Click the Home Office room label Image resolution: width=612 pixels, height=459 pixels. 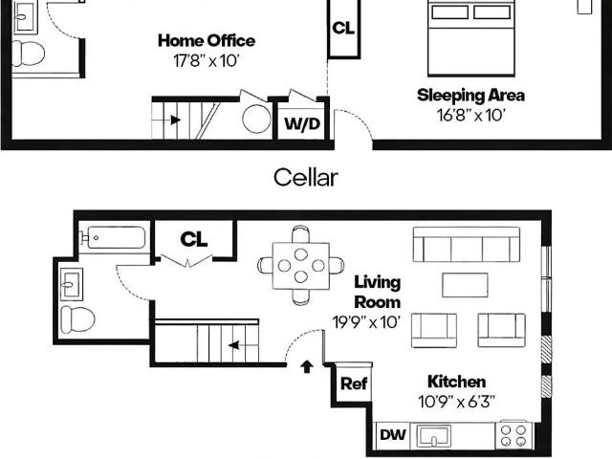pos(207,40)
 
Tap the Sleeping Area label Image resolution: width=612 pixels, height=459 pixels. pos(470,96)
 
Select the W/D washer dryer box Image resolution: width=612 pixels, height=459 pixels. pos(302,123)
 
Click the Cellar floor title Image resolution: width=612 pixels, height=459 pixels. pos(306,178)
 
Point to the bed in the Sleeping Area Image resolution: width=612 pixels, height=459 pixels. pos(471,38)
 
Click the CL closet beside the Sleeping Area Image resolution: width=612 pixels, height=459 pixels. pos(344,28)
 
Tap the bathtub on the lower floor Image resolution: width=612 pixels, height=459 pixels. pos(113,237)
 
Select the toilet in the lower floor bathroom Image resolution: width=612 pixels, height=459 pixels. pos(77,319)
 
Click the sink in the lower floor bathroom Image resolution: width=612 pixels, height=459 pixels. pos(71,284)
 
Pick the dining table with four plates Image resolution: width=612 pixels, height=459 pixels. pos(301,266)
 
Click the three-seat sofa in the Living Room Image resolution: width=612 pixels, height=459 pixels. pos(467,245)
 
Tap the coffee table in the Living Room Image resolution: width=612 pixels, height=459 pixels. pos(465,285)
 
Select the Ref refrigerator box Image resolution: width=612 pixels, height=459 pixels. pos(354,383)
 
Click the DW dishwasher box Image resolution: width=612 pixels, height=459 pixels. pos(393,435)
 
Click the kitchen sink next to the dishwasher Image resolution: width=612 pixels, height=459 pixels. pos(433,436)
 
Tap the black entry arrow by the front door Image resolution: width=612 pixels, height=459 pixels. pos(307,366)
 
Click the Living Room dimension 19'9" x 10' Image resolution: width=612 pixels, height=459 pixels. pos(366,322)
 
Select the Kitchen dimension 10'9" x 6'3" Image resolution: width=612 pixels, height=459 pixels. pos(457,402)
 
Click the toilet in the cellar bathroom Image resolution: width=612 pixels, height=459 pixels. pos(29,54)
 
